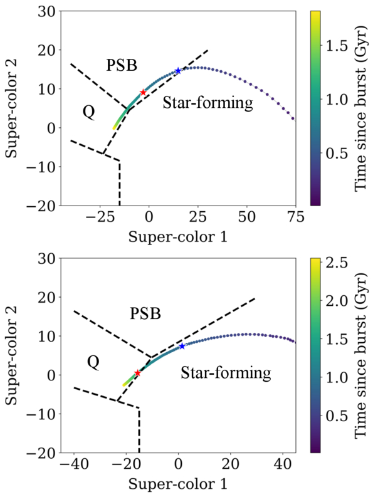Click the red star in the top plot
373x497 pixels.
pos(143,92)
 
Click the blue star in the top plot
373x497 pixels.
pos(178,71)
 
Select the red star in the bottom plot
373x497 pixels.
pos(137,373)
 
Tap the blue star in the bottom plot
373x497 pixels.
pos(182,346)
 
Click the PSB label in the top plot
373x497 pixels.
pos(122,65)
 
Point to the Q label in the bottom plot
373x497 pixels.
pos(93,362)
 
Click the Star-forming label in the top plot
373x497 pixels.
pos(208,103)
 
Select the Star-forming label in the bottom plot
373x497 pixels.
pos(226,373)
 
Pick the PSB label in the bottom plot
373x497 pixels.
pos(145,314)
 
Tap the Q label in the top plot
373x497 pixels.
pos(89,113)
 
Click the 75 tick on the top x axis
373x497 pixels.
pos(296,217)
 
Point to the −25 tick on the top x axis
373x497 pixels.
pos(98,217)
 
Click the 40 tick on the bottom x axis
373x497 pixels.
pos(283,464)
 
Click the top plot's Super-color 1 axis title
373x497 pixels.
pos(178,237)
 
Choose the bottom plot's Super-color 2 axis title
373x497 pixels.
pos(13,355)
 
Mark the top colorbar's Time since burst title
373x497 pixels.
pos(360,108)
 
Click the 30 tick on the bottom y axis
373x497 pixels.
pos(47,258)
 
